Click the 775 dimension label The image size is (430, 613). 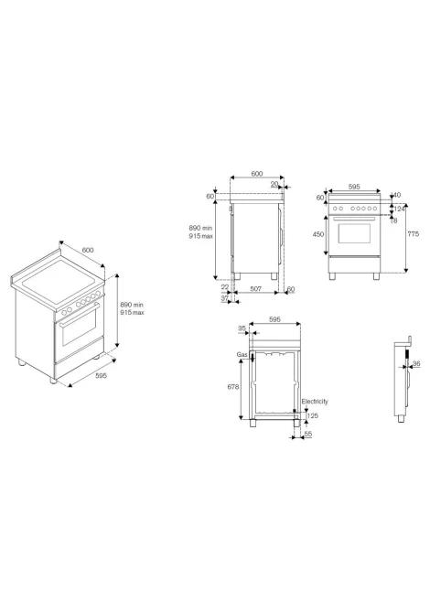[414, 234]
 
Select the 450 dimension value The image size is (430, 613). [318, 234]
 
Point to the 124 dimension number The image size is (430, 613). [399, 210]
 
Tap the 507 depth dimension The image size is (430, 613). [255, 289]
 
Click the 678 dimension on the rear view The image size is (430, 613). [233, 387]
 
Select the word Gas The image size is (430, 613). [242, 355]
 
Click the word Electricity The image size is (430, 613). [315, 402]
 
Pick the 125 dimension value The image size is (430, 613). [313, 416]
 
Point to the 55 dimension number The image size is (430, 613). [308, 434]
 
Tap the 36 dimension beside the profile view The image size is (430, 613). [416, 364]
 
